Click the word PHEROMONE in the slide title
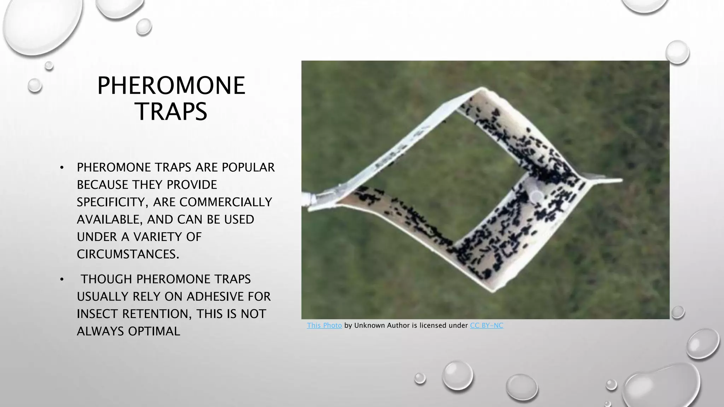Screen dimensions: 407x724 (171, 85)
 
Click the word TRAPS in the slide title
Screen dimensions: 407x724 (171, 112)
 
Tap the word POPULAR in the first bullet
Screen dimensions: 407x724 (248, 167)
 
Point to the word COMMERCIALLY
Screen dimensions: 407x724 (226, 202)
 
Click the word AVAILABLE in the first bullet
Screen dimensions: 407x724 (110, 219)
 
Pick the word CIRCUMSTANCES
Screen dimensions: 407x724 (128, 254)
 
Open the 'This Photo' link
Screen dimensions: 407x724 (324, 325)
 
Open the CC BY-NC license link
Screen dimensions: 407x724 (486, 325)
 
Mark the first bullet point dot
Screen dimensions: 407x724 (62, 168)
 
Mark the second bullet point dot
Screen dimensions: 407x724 (62, 279)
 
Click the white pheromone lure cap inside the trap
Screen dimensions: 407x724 (537, 196)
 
